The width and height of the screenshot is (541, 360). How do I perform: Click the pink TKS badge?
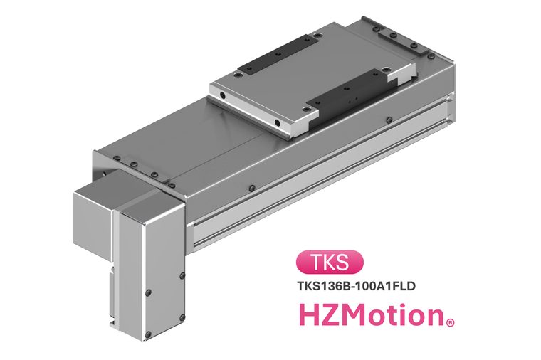[330, 263]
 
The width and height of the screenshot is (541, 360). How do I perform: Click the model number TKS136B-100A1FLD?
[356, 286]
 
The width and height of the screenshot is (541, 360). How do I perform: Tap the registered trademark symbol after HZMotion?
[451, 323]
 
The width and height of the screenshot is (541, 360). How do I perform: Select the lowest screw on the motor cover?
[148, 334]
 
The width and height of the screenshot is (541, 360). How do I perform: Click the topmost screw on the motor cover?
[182, 275]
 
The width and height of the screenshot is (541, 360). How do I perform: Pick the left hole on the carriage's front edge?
[223, 95]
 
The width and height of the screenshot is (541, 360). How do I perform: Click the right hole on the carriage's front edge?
[277, 122]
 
